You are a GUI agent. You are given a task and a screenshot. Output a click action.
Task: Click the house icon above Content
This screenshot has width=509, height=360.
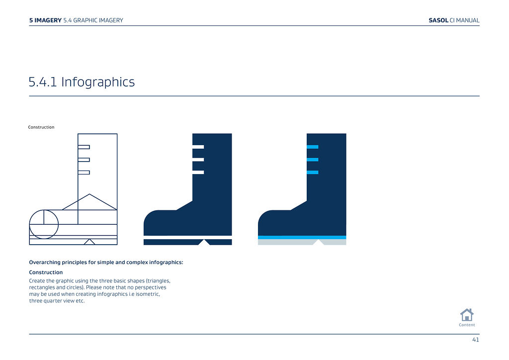pyautogui.click(x=467, y=315)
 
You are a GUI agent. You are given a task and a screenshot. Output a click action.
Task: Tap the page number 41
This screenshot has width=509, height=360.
pyautogui.click(x=476, y=340)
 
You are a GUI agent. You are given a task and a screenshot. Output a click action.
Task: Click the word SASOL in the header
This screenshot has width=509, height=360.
pyautogui.click(x=438, y=20)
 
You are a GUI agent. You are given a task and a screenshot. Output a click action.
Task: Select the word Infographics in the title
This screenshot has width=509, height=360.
pyautogui.click(x=98, y=82)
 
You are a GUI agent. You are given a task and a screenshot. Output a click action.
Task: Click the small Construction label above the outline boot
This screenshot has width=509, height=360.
pyautogui.click(x=41, y=127)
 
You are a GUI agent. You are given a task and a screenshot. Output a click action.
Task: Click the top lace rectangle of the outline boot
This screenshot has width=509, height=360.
pyautogui.click(x=84, y=147)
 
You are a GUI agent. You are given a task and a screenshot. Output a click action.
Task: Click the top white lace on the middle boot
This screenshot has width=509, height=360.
pyautogui.click(x=198, y=147)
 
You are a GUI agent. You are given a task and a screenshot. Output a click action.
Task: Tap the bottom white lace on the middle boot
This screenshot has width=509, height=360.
pyautogui.click(x=198, y=173)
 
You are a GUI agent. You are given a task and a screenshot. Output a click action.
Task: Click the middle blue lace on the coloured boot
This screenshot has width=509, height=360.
pyautogui.click(x=312, y=160)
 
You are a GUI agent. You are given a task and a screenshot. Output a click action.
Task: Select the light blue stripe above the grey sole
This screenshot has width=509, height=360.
pyautogui.click(x=302, y=237)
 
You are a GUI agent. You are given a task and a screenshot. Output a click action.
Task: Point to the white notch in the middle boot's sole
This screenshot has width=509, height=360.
pyautogui.click(x=204, y=243)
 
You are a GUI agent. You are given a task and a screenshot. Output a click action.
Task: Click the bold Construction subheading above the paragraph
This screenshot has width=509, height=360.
pyautogui.click(x=46, y=272)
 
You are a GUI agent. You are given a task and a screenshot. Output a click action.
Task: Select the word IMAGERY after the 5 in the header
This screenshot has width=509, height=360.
pyautogui.click(x=48, y=20)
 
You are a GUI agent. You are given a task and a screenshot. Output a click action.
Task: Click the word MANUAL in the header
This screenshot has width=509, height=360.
pyautogui.click(x=467, y=20)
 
